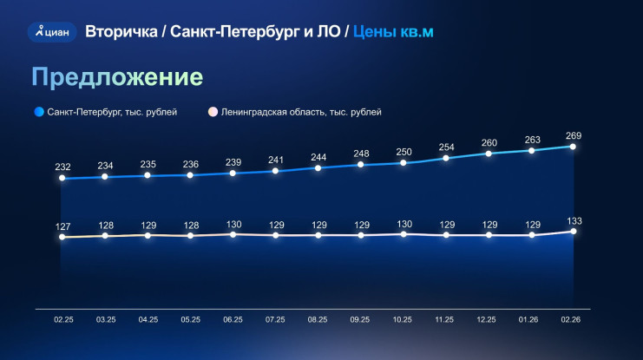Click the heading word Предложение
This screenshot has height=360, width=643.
117,76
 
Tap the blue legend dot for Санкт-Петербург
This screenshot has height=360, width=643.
38,112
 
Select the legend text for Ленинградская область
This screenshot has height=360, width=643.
301,112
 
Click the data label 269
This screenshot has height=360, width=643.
574,135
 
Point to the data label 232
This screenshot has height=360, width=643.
62,167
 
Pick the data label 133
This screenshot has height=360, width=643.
574,220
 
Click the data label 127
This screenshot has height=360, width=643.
62,227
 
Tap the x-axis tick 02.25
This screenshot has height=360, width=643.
62,320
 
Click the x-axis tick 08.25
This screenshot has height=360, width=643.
318,320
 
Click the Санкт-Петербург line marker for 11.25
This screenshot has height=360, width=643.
446,158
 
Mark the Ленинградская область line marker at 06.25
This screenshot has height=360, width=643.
233,234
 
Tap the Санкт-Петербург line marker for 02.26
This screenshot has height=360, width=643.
574,146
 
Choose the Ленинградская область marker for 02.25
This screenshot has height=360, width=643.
62,237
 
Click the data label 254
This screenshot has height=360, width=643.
446,147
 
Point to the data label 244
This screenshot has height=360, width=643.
318,157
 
